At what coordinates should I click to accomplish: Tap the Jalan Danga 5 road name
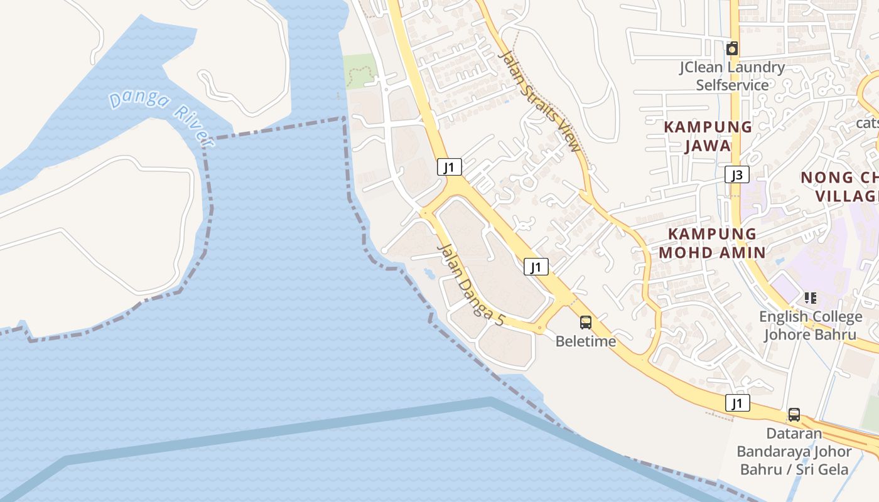[x=470, y=284]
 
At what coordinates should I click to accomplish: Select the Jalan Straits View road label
[x=539, y=100]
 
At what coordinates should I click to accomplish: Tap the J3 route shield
[x=736, y=174]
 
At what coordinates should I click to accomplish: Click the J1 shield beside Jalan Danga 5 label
[x=536, y=267]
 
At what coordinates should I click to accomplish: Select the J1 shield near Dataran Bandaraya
[x=737, y=402]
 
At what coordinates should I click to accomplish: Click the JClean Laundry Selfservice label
[x=732, y=76]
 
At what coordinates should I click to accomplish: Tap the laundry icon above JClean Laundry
[x=731, y=48]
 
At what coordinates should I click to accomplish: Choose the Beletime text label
[x=585, y=342]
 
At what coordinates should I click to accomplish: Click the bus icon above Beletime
[x=585, y=323]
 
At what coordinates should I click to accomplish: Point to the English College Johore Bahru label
[x=810, y=325]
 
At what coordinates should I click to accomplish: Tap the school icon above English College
[x=810, y=297]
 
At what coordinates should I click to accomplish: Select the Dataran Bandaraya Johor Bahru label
[x=794, y=451]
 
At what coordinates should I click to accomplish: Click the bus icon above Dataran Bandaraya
[x=794, y=414]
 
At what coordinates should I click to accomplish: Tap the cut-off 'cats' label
[x=867, y=122]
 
